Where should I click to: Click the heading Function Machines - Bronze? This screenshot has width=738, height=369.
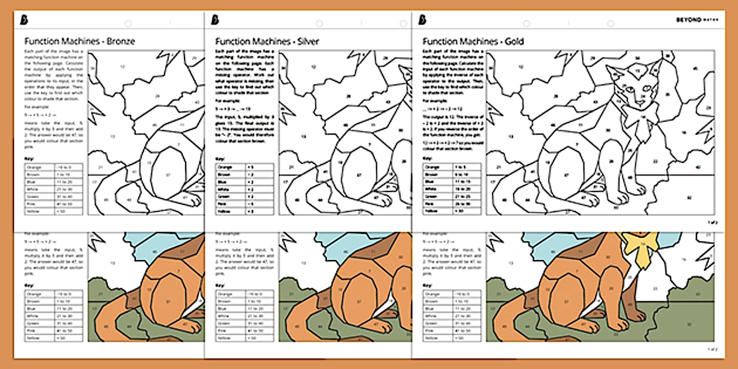tap(80, 42)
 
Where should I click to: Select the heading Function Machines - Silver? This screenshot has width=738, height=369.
tap(267, 42)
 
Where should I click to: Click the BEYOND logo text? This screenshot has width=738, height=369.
tap(692, 20)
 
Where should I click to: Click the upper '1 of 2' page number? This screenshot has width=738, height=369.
tap(711, 223)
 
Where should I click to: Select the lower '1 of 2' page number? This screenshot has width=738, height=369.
tap(711, 349)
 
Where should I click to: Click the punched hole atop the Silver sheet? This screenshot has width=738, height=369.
tap(319, 23)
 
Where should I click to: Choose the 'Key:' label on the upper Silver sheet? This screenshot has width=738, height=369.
tap(221, 159)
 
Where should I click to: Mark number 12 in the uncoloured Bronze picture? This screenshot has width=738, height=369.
tap(122, 67)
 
